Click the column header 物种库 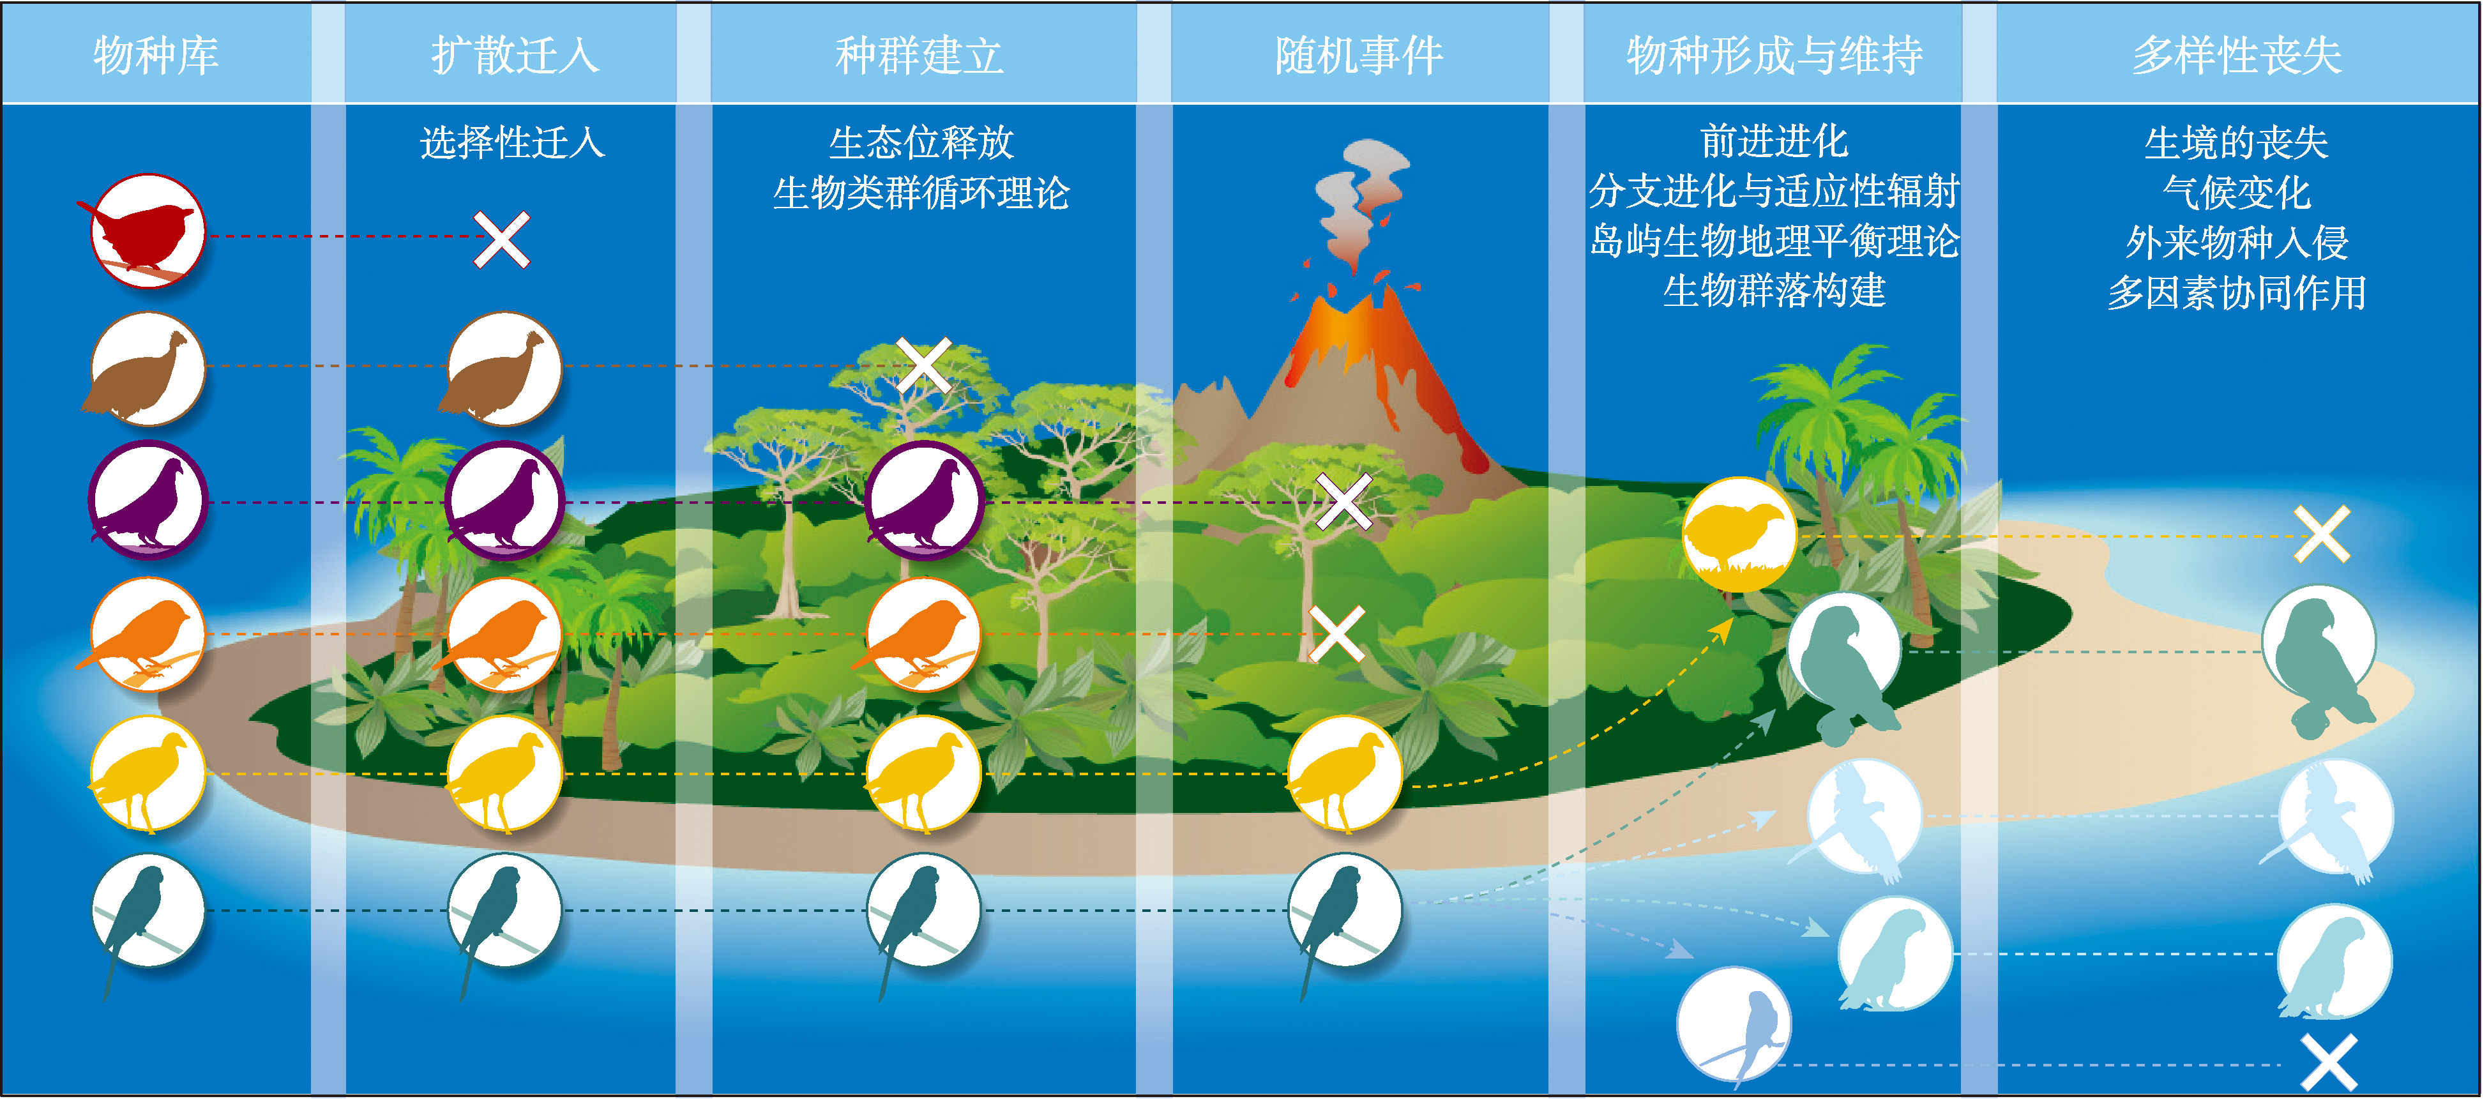point(156,55)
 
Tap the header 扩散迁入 point(515,55)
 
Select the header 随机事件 point(1359,55)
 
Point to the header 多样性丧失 point(2237,55)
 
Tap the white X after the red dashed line point(501,239)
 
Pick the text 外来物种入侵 point(2237,243)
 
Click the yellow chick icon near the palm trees point(1739,534)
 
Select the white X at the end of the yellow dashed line point(2322,534)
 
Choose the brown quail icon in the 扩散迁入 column point(503,369)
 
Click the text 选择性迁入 point(512,143)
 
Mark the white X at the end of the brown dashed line point(924,365)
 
